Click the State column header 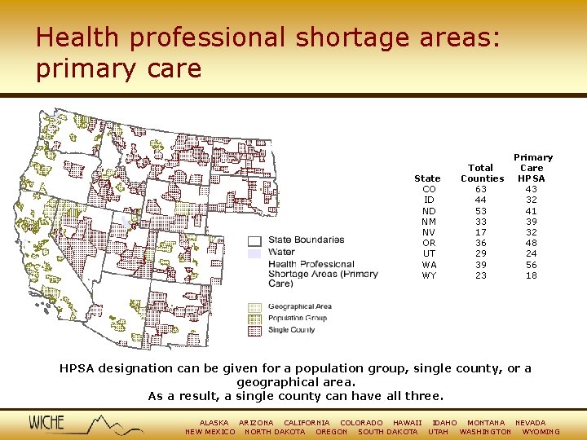click(x=427, y=178)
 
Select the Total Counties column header click(x=482, y=173)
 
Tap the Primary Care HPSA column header click(x=532, y=168)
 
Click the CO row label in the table click(x=429, y=189)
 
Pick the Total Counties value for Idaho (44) click(x=481, y=200)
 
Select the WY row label click(x=429, y=275)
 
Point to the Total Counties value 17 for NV click(x=481, y=232)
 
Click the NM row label click(x=429, y=222)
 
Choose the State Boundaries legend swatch click(x=254, y=240)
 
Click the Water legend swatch click(x=254, y=253)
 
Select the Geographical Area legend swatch click(x=254, y=307)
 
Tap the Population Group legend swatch click(x=254, y=319)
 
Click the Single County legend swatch click(x=254, y=330)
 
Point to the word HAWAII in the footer click(x=407, y=423)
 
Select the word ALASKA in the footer click(x=214, y=423)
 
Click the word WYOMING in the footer click(x=541, y=432)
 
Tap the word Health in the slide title click(x=75, y=38)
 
